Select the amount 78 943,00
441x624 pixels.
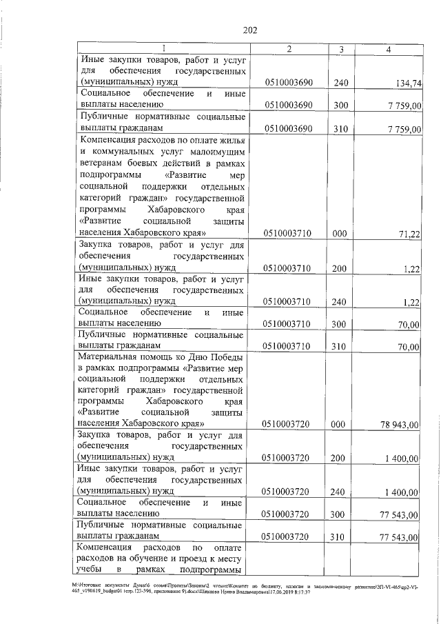(400, 424)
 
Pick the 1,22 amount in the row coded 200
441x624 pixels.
(413, 269)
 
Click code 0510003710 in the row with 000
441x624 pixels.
(289, 234)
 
